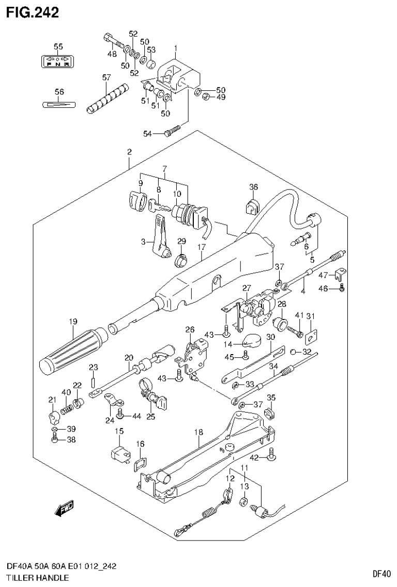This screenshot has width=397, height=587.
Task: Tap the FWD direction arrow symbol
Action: [65, 510]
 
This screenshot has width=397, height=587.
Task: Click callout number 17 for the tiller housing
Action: [201, 248]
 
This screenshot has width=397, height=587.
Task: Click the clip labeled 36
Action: [253, 205]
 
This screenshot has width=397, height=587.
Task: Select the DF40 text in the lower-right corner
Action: [381, 573]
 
